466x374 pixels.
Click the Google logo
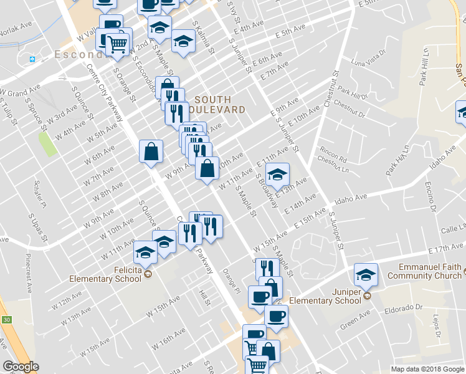21,367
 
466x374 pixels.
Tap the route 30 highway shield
6,320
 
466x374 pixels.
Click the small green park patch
47,144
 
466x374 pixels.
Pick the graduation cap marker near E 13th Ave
277,174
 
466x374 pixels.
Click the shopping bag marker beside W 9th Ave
151,151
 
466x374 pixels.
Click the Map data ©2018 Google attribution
427,369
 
